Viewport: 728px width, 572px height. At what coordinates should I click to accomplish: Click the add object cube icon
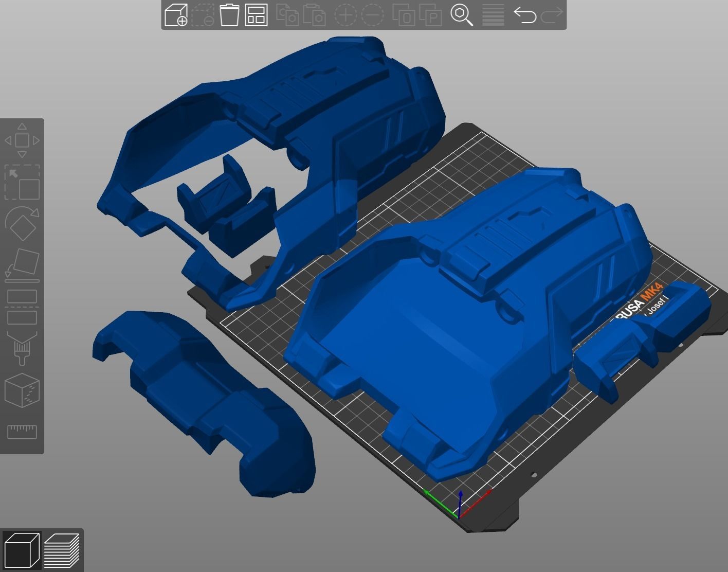click(176, 15)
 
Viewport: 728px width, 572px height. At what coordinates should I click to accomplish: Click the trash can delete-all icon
click(229, 15)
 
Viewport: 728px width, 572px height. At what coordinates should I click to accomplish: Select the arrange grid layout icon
click(256, 15)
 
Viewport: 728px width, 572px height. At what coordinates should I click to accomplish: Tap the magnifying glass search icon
click(462, 15)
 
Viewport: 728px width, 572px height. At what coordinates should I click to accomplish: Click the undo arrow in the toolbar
click(524, 15)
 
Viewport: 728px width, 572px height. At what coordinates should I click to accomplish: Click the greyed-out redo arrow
click(552, 15)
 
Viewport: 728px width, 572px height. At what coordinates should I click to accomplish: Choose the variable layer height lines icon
click(493, 15)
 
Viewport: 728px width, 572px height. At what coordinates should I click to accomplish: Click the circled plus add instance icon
click(345, 15)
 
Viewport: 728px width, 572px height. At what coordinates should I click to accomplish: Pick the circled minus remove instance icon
click(372, 15)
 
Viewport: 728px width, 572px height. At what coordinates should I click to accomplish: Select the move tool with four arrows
click(22, 140)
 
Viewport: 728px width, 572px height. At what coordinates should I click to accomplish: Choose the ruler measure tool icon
click(22, 431)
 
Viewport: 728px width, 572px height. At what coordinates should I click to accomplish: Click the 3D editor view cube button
click(22, 550)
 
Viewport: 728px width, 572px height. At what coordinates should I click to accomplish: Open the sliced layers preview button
click(62, 550)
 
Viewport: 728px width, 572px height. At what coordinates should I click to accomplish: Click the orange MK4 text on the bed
click(655, 294)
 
